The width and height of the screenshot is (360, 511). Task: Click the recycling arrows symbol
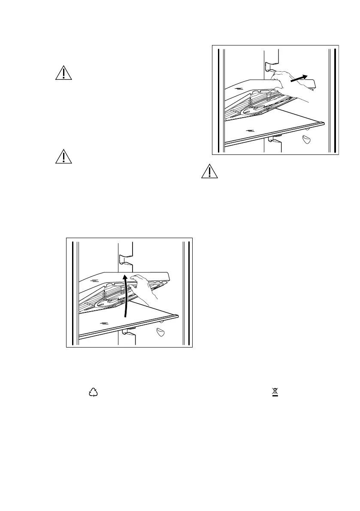(93, 392)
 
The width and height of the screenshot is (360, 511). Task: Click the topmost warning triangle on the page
(64, 73)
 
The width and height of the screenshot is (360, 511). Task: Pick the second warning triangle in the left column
(64, 157)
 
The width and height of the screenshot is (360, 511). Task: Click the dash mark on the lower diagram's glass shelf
(103, 321)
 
